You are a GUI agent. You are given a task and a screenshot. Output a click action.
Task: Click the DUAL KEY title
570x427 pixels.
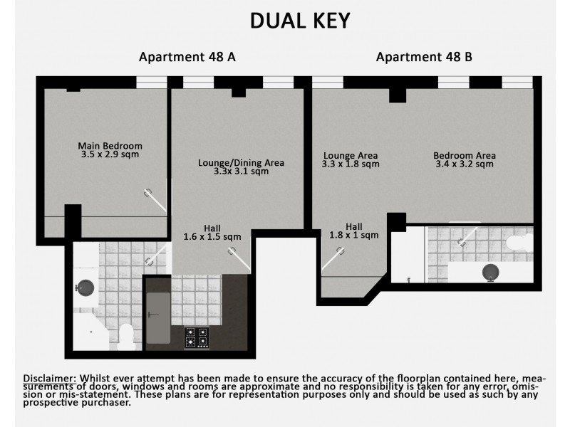pos(300,21)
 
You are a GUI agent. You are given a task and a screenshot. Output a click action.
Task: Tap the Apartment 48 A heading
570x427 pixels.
pos(187,58)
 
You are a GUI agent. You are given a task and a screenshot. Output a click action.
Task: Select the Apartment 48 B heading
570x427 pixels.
pos(425,58)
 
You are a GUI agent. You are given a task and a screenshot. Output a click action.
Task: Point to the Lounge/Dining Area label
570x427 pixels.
pos(241,163)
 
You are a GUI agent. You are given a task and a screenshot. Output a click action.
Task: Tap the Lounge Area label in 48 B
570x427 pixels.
pos(350,155)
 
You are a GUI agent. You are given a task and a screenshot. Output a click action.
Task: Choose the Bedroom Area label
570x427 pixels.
pos(465,155)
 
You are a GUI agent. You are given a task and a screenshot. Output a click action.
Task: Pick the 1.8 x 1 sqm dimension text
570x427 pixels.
pos(355,235)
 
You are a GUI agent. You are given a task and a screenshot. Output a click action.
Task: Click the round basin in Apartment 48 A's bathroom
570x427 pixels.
pos(85,288)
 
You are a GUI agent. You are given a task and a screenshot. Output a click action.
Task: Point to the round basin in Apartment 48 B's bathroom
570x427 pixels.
pos(491,270)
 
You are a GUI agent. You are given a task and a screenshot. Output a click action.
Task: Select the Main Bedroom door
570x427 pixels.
pos(157,199)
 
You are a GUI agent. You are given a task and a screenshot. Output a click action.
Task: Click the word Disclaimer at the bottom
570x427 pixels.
pos(51,377)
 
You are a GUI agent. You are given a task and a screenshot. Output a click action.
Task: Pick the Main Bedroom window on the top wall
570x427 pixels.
pos(151,83)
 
